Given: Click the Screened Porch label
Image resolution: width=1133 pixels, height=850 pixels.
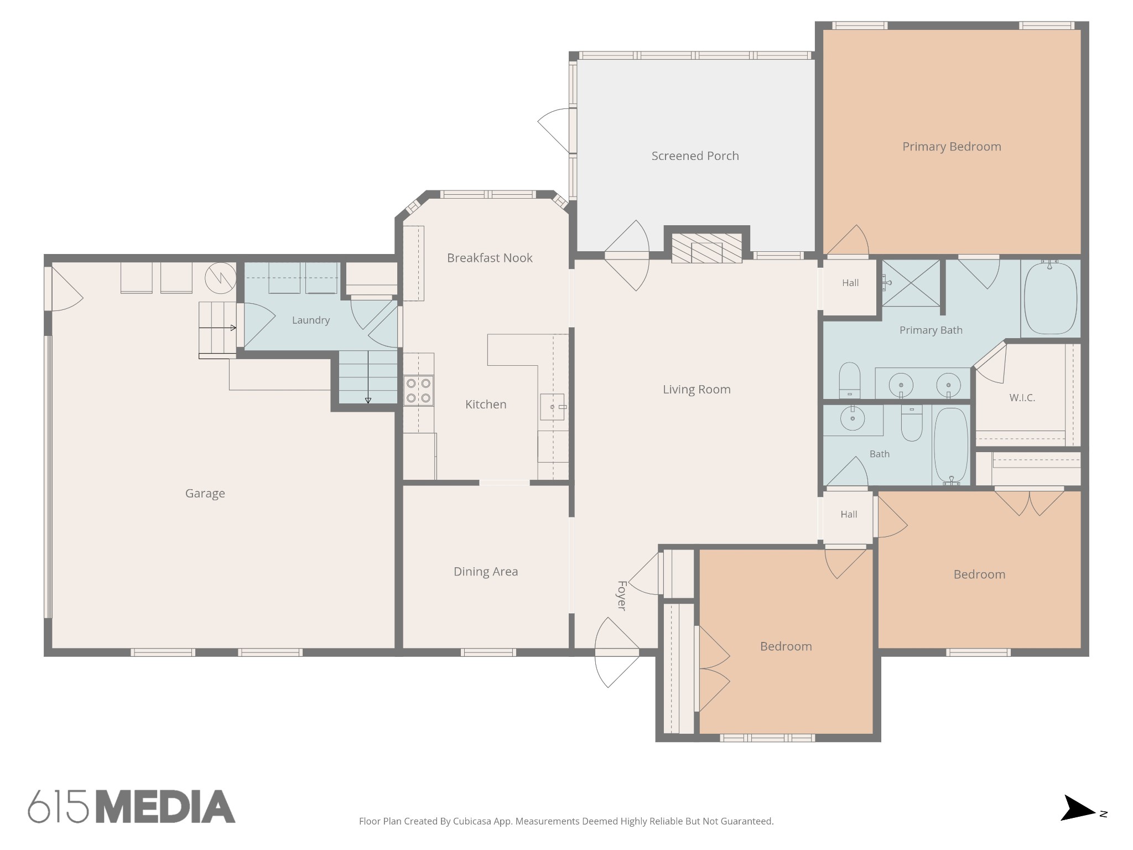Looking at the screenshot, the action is coord(695,156).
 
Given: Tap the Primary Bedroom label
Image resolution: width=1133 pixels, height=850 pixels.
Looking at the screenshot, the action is coord(952,147).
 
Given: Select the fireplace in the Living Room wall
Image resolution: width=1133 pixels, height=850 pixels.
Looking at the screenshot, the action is coord(706,247).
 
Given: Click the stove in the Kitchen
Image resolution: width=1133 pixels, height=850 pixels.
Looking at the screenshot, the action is coord(418,390).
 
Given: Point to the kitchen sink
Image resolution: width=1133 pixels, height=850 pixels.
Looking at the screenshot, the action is coord(552,407).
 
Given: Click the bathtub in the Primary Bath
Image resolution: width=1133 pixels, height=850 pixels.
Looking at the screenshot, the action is coord(1050,298).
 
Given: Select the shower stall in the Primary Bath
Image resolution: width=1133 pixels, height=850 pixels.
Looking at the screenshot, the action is coord(911,283).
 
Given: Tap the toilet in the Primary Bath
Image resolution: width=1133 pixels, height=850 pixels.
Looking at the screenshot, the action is coord(850,380).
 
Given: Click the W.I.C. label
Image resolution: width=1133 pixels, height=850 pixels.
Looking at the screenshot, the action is coord(1022,398).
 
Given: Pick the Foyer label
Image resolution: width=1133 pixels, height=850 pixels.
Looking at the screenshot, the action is coord(622,595).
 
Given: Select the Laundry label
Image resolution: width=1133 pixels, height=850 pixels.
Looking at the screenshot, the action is coord(311,320).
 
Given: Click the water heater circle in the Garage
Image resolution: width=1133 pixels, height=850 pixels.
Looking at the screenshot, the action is coord(220,277).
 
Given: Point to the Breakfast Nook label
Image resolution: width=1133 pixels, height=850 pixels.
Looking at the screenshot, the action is coord(490,258).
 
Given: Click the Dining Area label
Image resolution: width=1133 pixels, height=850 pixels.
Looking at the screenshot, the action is coord(486,572).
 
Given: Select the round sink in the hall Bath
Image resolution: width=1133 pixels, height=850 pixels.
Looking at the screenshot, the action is coord(853,418).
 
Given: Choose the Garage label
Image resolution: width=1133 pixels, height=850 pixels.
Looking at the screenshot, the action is coord(205,494).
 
